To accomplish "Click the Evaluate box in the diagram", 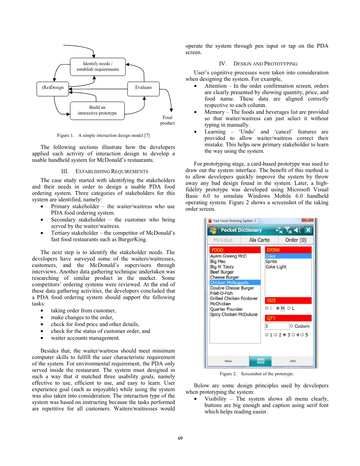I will [143, 88].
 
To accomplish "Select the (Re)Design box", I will [53, 88].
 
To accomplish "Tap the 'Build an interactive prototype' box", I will [97, 110].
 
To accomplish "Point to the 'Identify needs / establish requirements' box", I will [98, 67].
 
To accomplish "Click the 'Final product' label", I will [167, 120].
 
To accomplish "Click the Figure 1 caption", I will [103, 135].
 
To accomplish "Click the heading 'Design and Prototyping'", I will [258, 64].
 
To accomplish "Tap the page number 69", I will [180, 438].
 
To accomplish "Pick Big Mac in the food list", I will [218, 261].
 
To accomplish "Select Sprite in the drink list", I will [271, 261].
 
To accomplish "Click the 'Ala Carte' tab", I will [259, 240].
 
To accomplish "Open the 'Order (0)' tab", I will [296, 240].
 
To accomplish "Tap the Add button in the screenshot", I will [293, 361].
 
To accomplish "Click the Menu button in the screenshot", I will [228, 361].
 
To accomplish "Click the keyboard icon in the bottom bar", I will [261, 361].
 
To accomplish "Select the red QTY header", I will [288, 318].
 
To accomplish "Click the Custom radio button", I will [292, 326].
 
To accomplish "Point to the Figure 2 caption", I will [257, 374].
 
